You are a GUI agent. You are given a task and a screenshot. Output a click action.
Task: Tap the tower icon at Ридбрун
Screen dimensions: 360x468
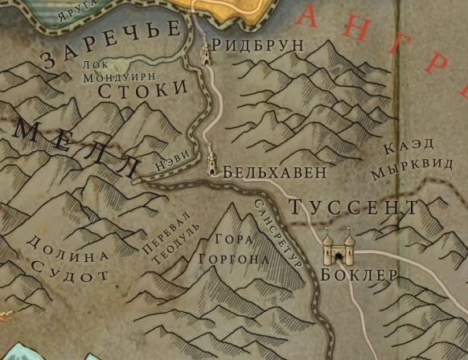pyautogui.click(x=205, y=53)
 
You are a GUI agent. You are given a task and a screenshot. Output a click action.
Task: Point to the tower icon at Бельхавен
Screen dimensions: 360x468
pyautogui.click(x=212, y=158)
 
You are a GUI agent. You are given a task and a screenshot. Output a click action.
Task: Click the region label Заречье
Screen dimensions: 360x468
pyautogui.click(x=111, y=43)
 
